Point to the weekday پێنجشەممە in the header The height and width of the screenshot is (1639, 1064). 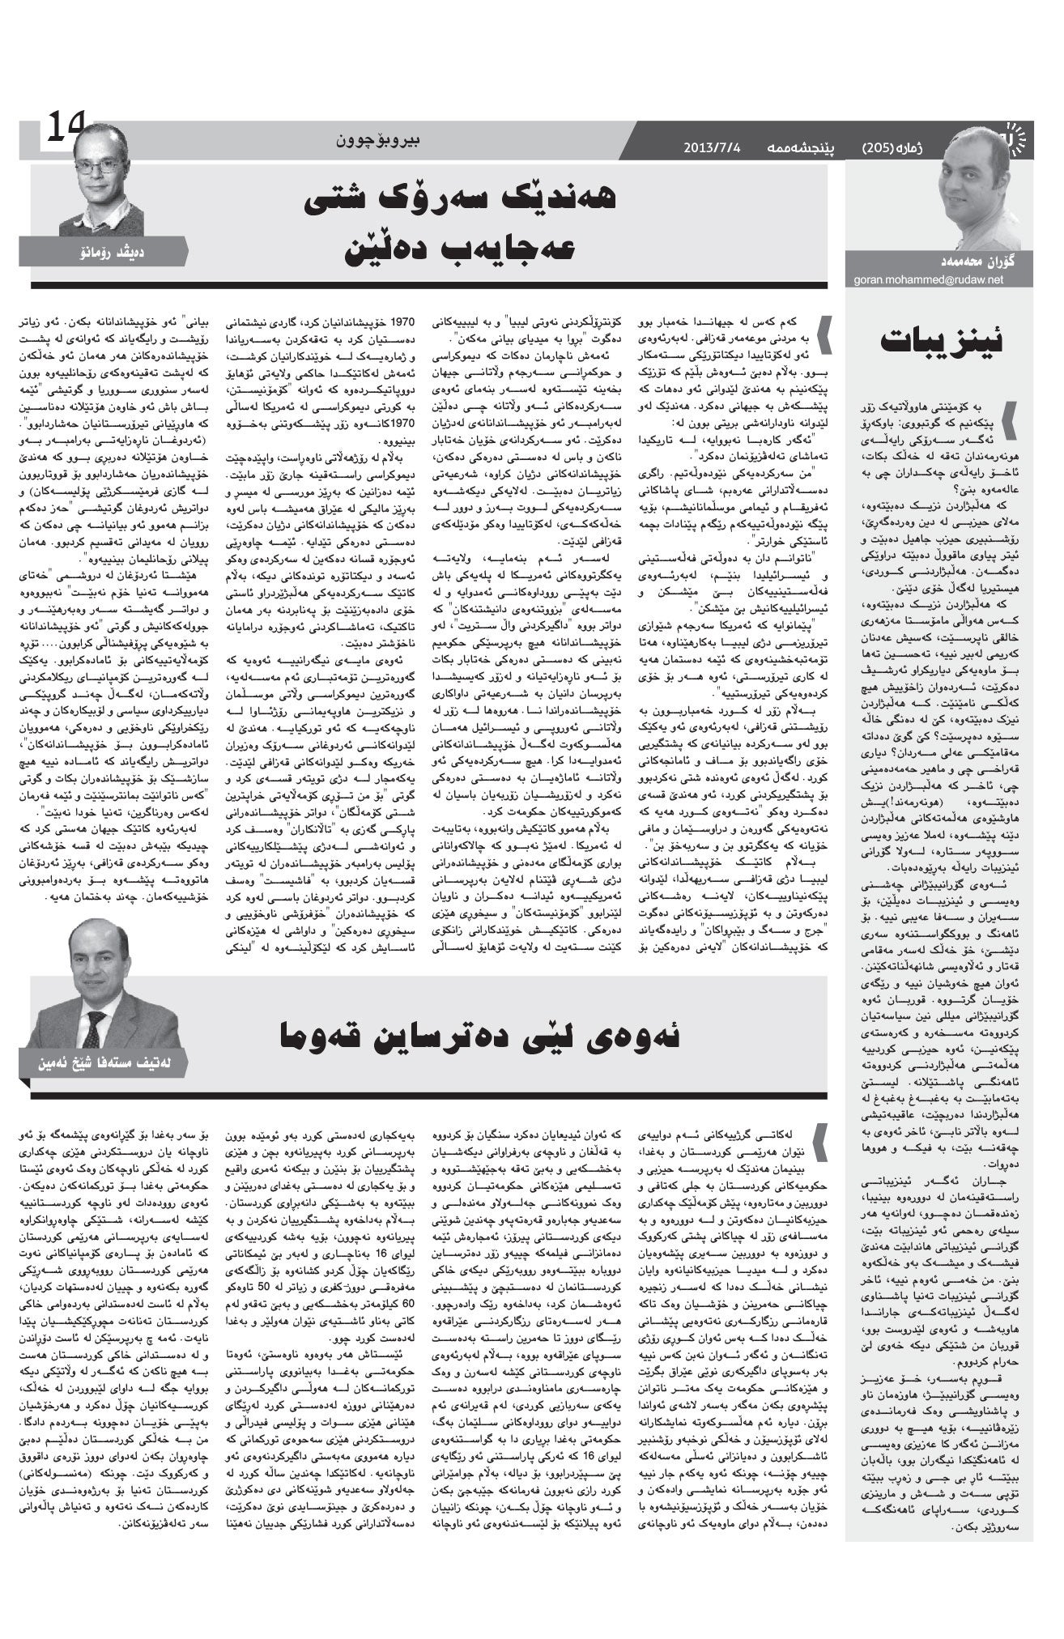pos(800,147)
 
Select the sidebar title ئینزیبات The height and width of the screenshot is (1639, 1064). pos(944,343)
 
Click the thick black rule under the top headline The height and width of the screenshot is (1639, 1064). pos(429,285)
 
